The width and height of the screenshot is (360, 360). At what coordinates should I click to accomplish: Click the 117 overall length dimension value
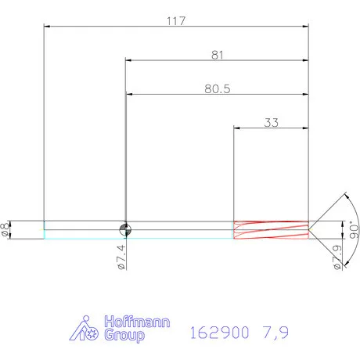(175, 21)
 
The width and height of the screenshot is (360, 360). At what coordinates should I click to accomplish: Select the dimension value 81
(217, 54)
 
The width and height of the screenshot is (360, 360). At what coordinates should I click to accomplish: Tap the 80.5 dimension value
(216, 88)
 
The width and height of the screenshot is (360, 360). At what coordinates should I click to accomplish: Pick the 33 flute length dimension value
(272, 122)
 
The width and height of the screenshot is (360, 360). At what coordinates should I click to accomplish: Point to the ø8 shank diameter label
(7, 229)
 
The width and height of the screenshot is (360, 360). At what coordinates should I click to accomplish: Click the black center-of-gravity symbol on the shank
(124, 229)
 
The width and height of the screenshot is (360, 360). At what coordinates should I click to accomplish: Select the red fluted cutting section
(271, 229)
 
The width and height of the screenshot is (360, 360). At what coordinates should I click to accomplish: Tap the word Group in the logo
(123, 336)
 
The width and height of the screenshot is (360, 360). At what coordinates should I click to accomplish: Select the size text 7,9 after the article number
(275, 333)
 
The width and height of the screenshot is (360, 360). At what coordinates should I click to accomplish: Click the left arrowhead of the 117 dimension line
(47, 27)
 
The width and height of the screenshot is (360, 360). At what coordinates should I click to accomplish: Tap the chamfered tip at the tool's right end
(313, 229)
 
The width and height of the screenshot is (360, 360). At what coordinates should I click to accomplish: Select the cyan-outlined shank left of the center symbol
(82, 229)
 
